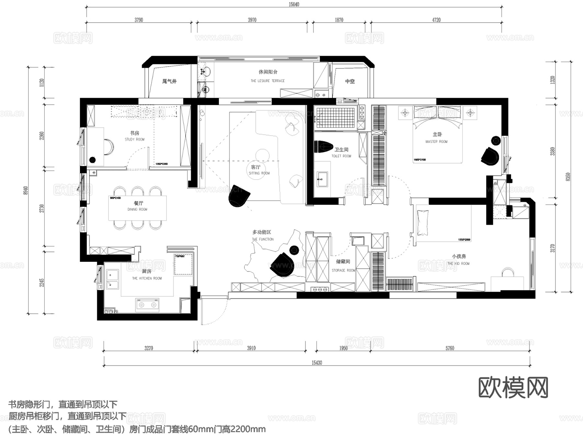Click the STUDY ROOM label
[134, 140]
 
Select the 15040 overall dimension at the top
[294, 5]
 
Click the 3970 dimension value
[252, 20]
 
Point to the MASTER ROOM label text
[436, 141]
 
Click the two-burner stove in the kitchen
[148, 305]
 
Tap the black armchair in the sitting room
[239, 196]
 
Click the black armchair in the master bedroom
[490, 156]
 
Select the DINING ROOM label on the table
[137, 209]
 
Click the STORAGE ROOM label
[343, 270]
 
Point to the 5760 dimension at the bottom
[450, 348]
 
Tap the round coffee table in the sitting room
[262, 156]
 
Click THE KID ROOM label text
[458, 263]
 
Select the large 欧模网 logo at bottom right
[513, 387]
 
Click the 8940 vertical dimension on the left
[26, 190]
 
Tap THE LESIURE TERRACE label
[268, 81]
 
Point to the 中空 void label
[350, 81]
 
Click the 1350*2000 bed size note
[464, 240]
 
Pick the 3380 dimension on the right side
[552, 151]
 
